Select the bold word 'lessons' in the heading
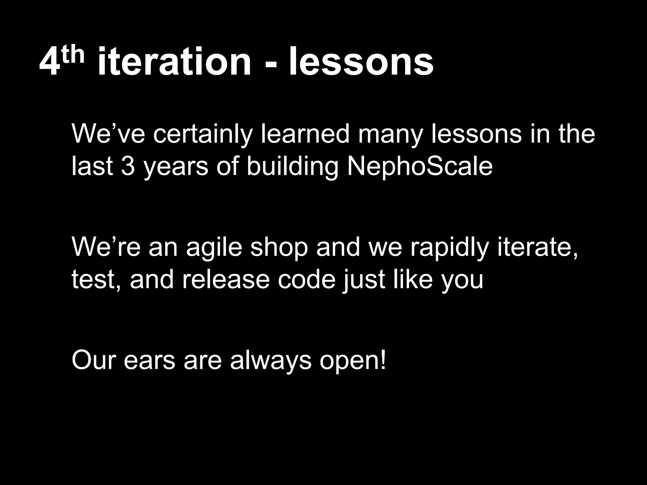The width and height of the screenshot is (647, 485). coord(361,62)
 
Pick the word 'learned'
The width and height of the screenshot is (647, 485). coord(305,134)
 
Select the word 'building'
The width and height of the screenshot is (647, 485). coord(292,167)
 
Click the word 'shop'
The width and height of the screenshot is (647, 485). coord(279,248)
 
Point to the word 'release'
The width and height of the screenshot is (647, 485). coord(226,280)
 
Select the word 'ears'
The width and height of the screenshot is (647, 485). coord(149,361)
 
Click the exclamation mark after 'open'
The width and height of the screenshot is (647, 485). coord(383,360)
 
